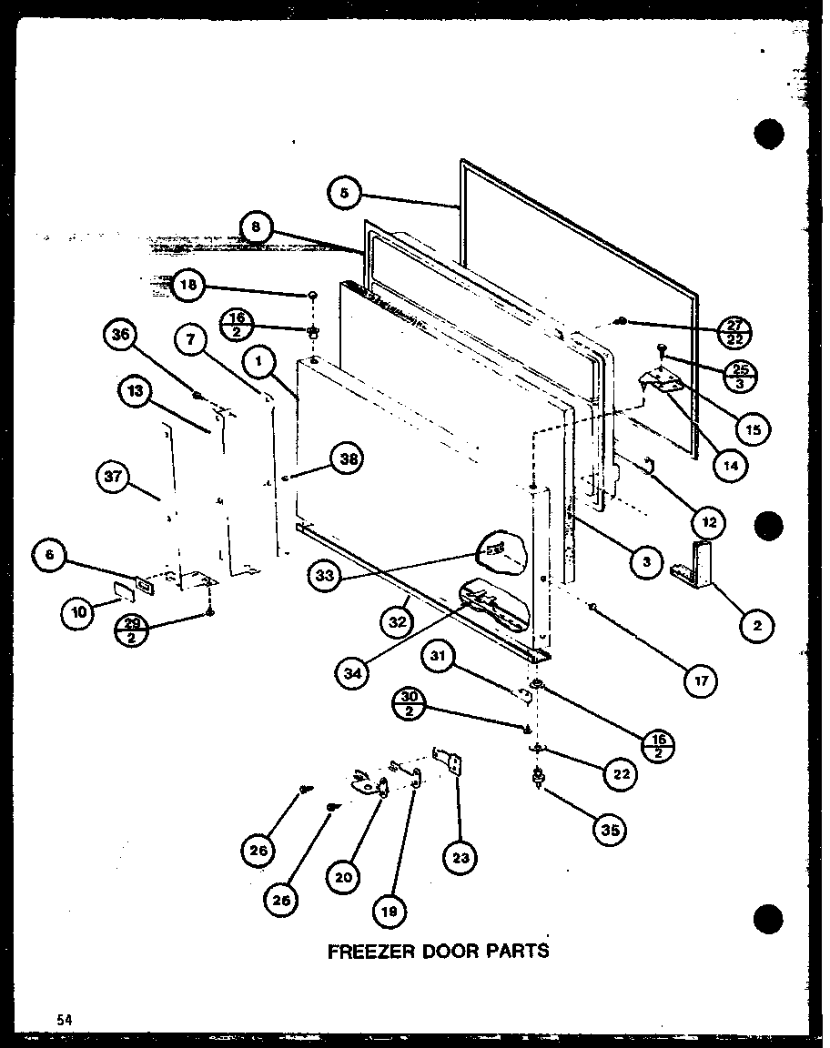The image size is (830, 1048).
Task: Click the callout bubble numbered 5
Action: click(343, 194)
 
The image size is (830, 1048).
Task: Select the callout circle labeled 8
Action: click(257, 228)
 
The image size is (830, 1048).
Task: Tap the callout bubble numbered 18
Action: click(187, 285)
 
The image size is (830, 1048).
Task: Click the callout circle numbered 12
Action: click(708, 522)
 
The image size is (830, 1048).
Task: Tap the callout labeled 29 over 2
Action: click(131, 630)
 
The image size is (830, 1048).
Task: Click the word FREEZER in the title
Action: click(367, 952)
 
